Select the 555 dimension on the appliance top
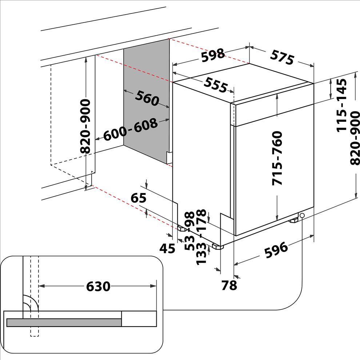pos(215,85)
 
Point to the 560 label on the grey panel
pos(147,98)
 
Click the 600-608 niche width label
pos(131,130)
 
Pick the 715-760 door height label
pos(277,158)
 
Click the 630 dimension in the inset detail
pos(98,287)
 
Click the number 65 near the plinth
pos(138,198)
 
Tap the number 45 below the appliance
pos(167,249)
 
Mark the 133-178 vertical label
pos(201,237)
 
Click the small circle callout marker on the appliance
pos(303,216)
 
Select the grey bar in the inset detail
pos(64,322)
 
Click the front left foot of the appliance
pos(218,247)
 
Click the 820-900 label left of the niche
pos(86,126)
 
